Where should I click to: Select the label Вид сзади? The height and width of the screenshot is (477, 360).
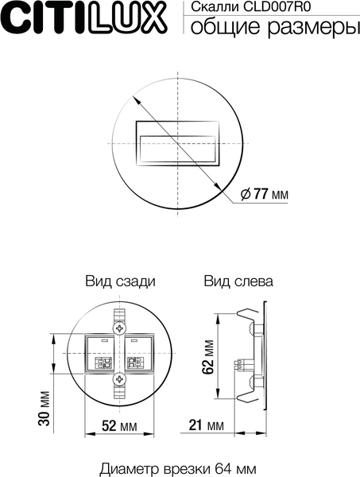[x=120, y=281]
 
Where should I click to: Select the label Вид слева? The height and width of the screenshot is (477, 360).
[x=238, y=281]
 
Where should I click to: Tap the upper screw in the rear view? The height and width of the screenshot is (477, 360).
[x=119, y=327]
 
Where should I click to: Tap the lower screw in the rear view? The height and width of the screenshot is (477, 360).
[x=119, y=380]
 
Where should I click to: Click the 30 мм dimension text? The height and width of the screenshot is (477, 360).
[x=45, y=407]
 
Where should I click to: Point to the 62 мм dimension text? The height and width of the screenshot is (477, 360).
[x=207, y=355]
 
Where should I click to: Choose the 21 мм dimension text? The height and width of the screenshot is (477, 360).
[x=206, y=426]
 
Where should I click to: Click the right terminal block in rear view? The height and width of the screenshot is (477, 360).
[x=136, y=363]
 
